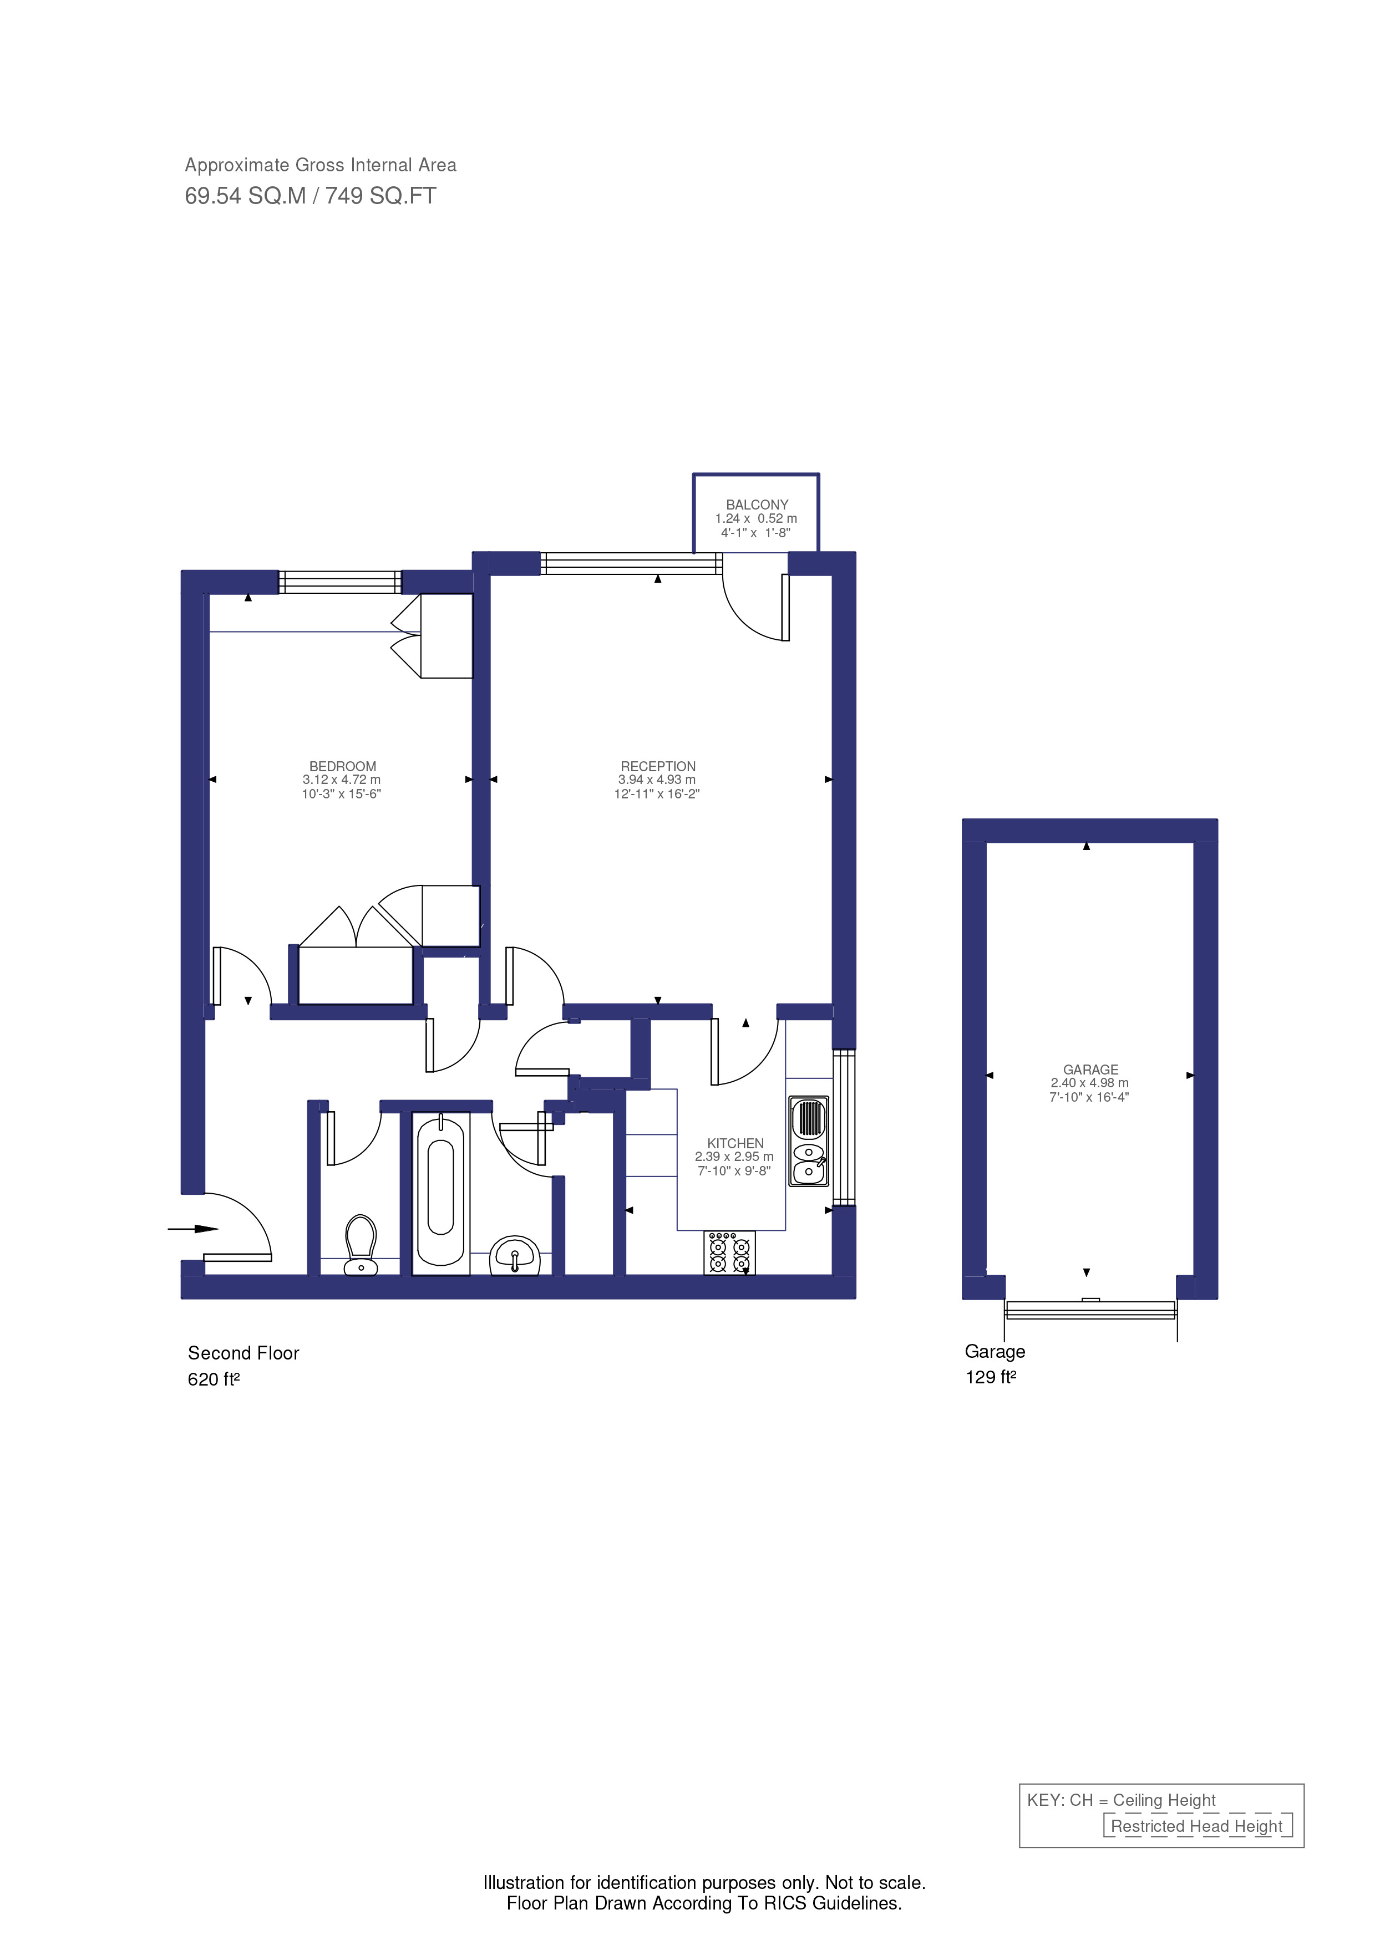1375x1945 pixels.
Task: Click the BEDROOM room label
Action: tap(342, 766)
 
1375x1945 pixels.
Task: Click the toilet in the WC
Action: tap(361, 1244)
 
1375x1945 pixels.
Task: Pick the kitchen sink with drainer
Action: tap(808, 1140)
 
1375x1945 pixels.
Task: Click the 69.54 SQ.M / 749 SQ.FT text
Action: tap(310, 196)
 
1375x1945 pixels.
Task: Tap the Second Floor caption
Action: tap(243, 1353)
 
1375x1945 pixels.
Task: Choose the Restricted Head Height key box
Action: tap(1196, 1826)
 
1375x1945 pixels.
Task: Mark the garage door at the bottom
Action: tap(1090, 1310)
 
